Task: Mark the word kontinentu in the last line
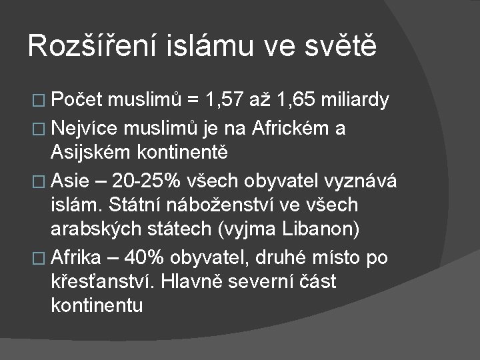pos(97,306)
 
